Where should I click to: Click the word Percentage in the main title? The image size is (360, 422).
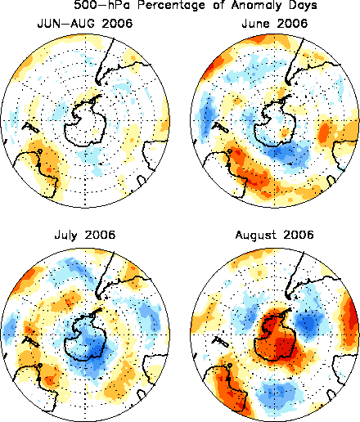click(171, 5)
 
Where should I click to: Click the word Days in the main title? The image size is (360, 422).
click(303, 5)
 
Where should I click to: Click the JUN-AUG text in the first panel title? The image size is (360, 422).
click(66, 24)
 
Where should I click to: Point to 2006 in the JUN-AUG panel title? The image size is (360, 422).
click(117, 24)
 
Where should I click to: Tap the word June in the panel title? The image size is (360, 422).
click(255, 24)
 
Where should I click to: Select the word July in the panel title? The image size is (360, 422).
click(65, 236)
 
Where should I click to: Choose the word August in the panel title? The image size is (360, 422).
click(255, 236)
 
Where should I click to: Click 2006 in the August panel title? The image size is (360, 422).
click(299, 235)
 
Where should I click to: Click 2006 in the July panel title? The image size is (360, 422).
click(100, 235)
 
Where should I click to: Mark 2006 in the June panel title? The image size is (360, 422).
click(292, 24)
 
